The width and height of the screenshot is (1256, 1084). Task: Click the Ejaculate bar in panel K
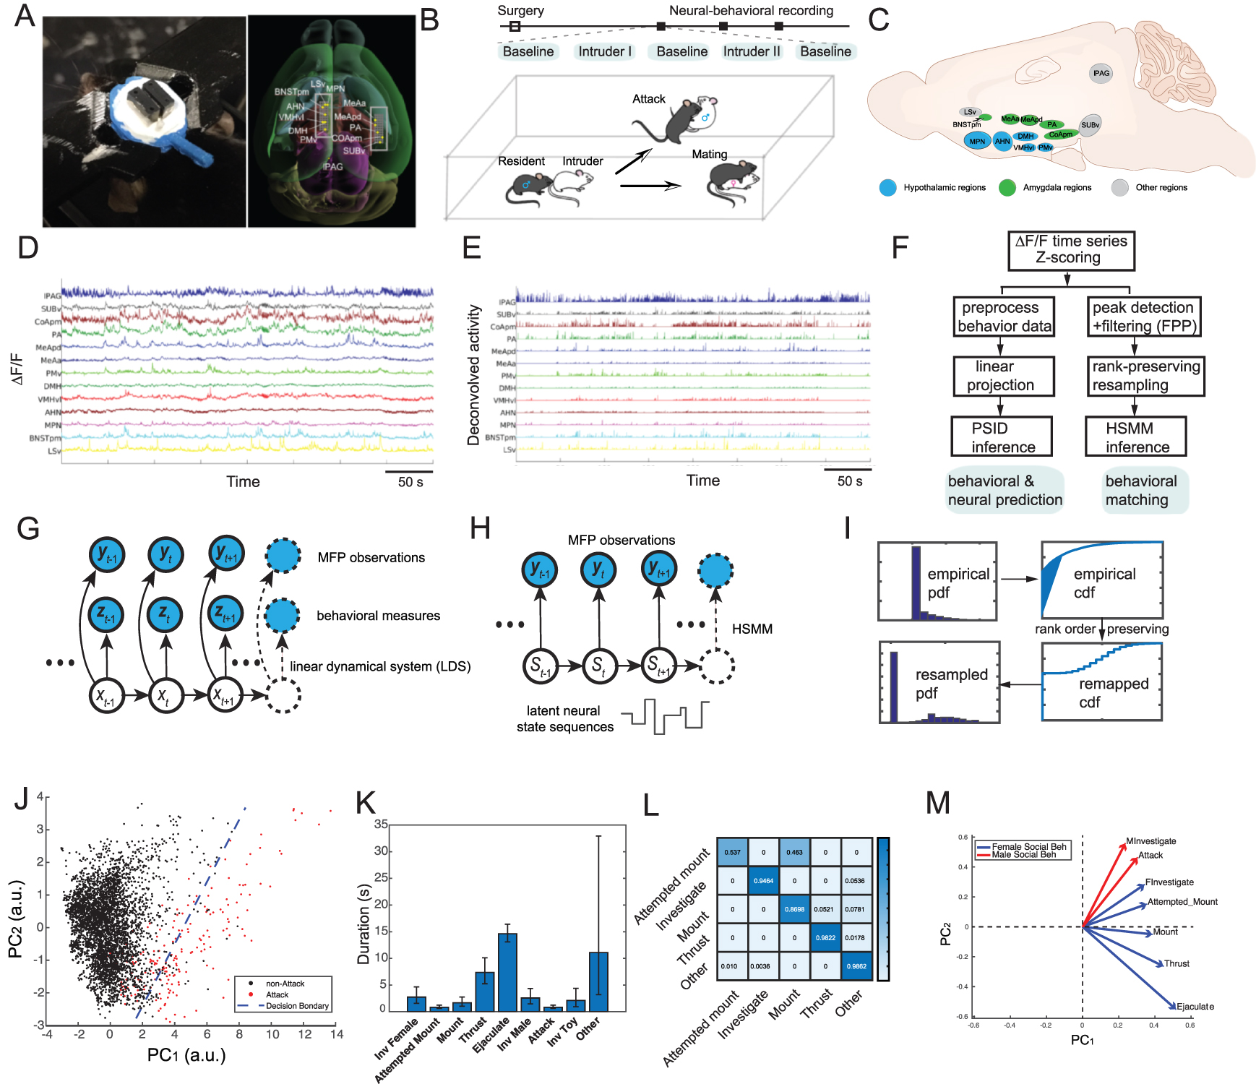pos(507,972)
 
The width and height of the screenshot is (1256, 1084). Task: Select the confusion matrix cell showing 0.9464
pos(763,881)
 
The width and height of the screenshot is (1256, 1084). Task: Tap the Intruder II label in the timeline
pos(752,51)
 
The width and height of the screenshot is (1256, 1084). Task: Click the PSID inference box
pos(1002,436)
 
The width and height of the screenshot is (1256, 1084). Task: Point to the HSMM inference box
pos(1136,436)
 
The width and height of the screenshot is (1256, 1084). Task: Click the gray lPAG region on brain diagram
pos(1101,73)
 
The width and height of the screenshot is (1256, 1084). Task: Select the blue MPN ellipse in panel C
pos(977,141)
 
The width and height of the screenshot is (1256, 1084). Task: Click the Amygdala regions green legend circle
pos(1007,188)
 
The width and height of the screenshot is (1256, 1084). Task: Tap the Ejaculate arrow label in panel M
pos(1195,1006)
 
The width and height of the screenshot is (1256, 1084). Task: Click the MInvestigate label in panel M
pos(1151,841)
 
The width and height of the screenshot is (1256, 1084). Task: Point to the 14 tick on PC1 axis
pos(337,1035)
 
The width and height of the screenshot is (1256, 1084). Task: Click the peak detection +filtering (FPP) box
pos(1145,317)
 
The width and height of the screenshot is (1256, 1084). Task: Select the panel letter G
pos(27,529)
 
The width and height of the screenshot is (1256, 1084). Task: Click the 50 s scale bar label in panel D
pos(410,482)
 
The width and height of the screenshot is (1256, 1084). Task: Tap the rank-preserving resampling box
pos(1145,376)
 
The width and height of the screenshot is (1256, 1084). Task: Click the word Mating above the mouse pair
pos(709,154)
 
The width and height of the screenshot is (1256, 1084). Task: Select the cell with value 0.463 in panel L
pos(794,852)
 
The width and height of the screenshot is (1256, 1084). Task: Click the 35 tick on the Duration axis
pos(381,824)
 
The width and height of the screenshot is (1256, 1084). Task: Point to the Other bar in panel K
pos(598,981)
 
